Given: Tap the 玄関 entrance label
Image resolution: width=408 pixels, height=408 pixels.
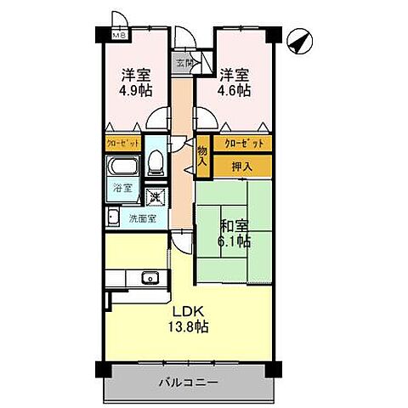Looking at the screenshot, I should click(184, 62).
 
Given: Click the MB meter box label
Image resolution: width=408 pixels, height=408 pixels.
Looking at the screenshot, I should click(119, 36).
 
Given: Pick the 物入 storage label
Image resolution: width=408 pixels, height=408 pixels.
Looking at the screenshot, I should click(202, 157).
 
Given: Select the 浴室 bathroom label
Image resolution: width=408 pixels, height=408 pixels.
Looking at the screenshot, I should click(122, 189).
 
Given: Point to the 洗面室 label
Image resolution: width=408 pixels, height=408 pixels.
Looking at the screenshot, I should click(142, 218).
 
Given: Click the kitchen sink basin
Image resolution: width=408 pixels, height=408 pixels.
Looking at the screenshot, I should click(150, 276).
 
